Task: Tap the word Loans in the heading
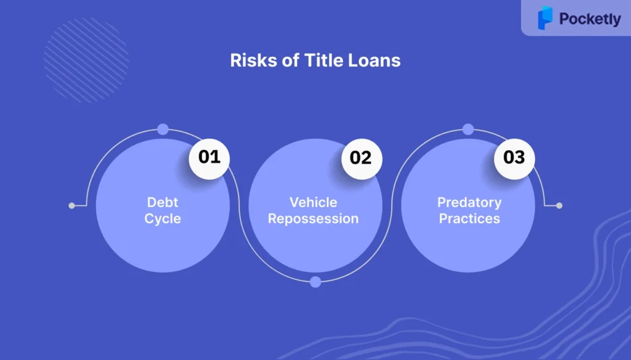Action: point(374,60)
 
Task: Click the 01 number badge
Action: point(210,158)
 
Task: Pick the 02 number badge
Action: point(362,158)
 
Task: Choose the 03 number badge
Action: point(515,158)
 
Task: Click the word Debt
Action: point(163,202)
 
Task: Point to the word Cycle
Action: point(163,219)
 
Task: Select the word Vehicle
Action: point(314,202)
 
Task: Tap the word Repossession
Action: point(314,219)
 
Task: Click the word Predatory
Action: point(469,202)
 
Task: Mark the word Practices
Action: point(469,219)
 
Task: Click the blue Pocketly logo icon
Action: point(545,18)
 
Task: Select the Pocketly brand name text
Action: point(590,19)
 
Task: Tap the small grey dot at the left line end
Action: point(71,206)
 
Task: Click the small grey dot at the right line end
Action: point(559,206)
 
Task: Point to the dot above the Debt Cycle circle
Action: point(163,129)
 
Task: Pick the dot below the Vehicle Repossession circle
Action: point(315,282)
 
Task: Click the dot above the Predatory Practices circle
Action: point(468,129)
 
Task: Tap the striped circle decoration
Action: point(86,60)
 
